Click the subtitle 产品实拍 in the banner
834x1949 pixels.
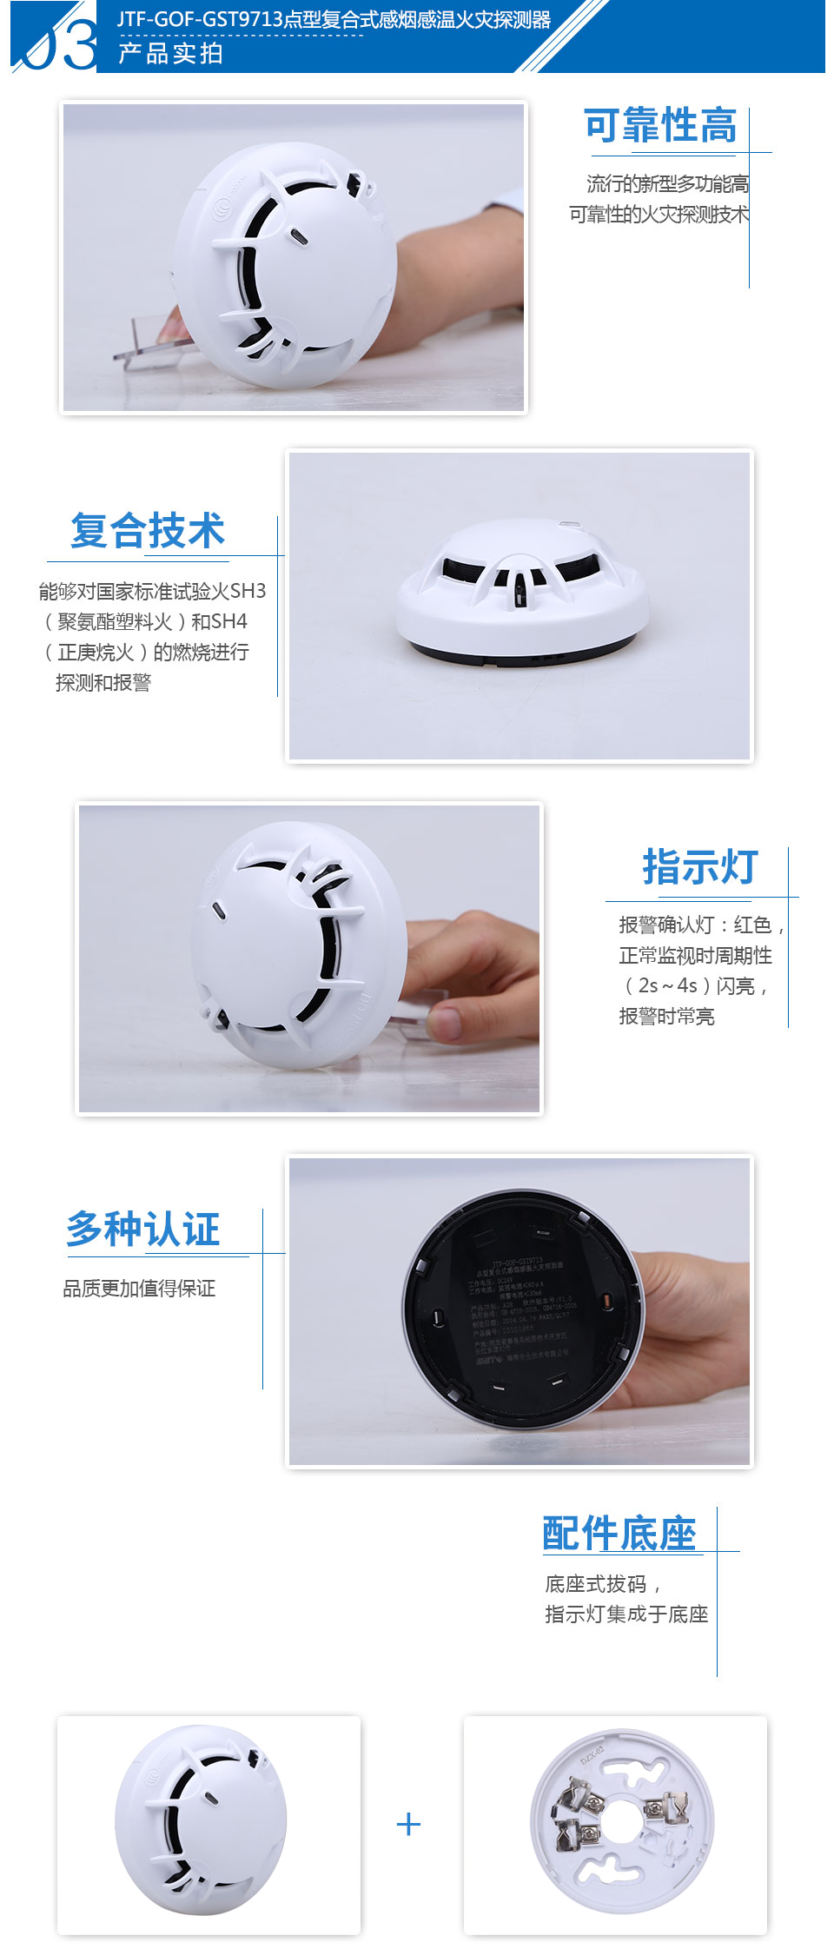[170, 54]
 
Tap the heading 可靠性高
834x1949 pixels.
[660, 126]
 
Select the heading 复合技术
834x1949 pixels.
[148, 531]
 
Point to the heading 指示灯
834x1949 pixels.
[700, 867]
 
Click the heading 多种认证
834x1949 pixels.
[143, 1229]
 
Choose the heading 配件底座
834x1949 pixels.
[619, 1533]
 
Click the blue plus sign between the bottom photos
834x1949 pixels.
[408, 1824]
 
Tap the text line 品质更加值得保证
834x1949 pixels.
[139, 1289]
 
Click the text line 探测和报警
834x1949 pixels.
[103, 683]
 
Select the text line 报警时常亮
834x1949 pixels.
[666, 1017]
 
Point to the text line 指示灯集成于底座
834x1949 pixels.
[626, 1614]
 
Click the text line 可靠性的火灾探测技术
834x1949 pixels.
[659, 215]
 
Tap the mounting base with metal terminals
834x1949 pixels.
[621, 1821]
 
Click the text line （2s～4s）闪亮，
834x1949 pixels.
[695, 986]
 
